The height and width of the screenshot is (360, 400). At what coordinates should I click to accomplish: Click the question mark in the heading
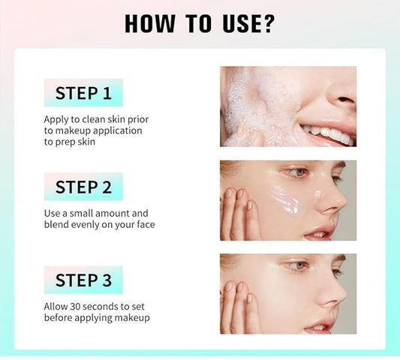point(268,24)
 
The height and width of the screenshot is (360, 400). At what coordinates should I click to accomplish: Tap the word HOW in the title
point(150,24)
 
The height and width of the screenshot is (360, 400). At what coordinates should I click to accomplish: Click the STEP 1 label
point(83,93)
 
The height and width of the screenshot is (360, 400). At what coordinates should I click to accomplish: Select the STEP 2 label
point(83,187)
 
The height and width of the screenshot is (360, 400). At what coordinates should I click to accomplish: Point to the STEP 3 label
point(83,280)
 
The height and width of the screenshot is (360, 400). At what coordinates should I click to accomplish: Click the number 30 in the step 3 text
point(75,307)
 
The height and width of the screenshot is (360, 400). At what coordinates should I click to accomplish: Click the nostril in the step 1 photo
point(345,100)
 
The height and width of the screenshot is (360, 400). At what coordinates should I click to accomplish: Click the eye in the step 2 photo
point(299,172)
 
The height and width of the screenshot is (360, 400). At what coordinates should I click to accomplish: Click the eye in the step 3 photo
point(299,265)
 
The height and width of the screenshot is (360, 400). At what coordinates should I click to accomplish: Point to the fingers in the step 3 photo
point(239,307)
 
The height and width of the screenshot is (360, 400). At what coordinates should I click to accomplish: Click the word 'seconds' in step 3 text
point(101,307)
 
